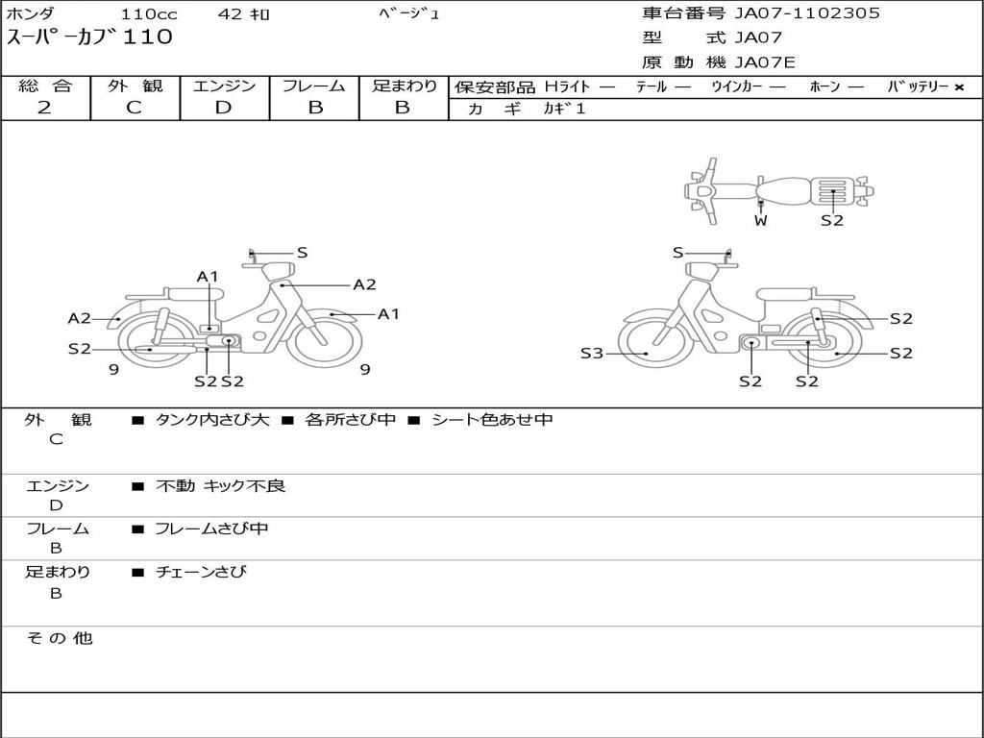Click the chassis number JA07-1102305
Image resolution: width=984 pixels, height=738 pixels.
[x=807, y=13]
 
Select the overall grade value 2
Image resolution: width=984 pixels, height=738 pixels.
[x=44, y=108]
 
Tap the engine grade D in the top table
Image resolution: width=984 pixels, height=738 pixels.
[x=223, y=108]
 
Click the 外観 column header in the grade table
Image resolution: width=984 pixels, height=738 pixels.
[x=135, y=86]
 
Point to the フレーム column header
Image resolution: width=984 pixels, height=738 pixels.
[x=314, y=86]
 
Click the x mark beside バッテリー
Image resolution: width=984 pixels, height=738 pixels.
[x=959, y=87]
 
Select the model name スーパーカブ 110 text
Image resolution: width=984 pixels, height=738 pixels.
[x=89, y=37]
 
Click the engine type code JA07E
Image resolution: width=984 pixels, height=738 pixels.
[x=765, y=62]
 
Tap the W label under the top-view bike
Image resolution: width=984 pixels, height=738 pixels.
[x=761, y=220]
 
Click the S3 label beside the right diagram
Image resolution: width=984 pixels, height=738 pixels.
[x=592, y=354]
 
